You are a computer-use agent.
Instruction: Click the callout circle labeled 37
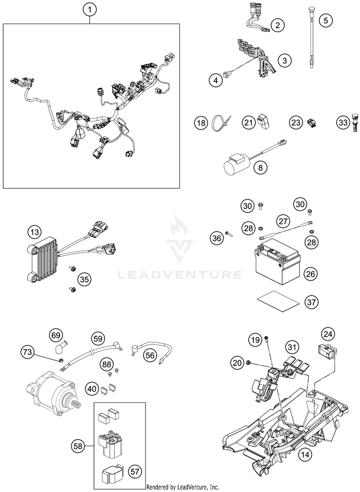312,302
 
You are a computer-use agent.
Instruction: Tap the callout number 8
261,167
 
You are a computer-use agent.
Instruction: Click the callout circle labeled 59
98,339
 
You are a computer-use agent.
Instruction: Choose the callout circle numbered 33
342,123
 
